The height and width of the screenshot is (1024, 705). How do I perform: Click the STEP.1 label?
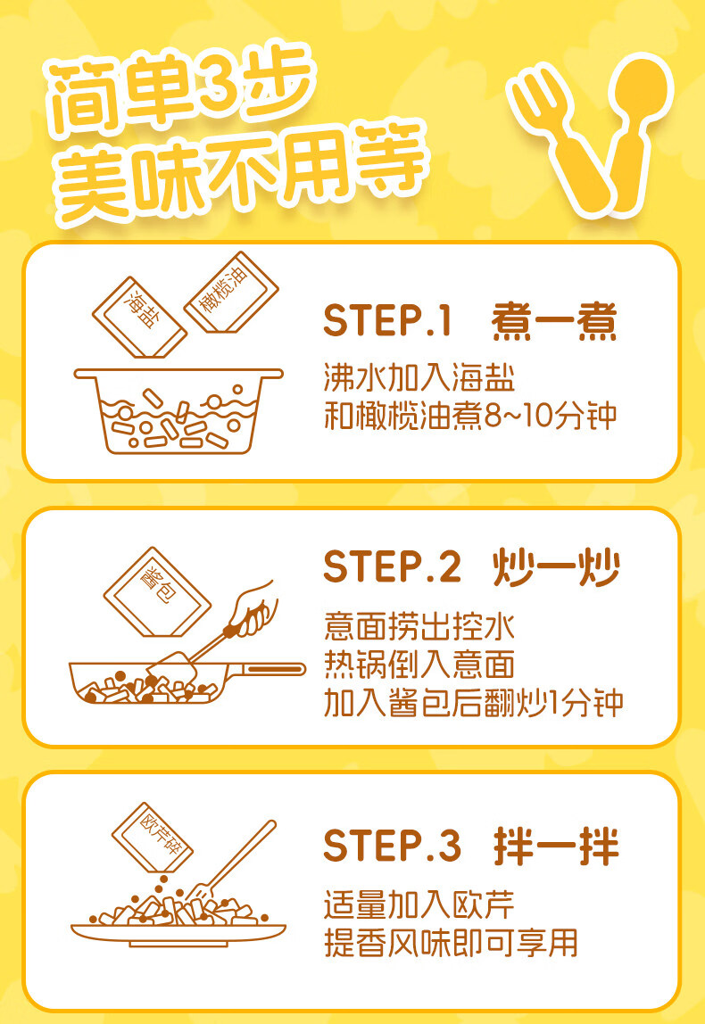(389, 321)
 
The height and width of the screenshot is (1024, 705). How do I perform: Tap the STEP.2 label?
(393, 567)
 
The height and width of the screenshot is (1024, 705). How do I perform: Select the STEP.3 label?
(393, 845)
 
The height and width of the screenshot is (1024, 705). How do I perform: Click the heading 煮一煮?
(554, 321)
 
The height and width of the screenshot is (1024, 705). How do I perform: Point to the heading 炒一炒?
(556, 567)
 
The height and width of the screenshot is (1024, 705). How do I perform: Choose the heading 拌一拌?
(556, 845)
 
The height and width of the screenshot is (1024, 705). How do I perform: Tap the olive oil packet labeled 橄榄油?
(230, 293)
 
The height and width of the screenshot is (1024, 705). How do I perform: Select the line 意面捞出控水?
(419, 625)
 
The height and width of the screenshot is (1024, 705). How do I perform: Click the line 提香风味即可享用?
(450, 941)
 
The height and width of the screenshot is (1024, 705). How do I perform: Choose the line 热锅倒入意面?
(419, 665)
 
